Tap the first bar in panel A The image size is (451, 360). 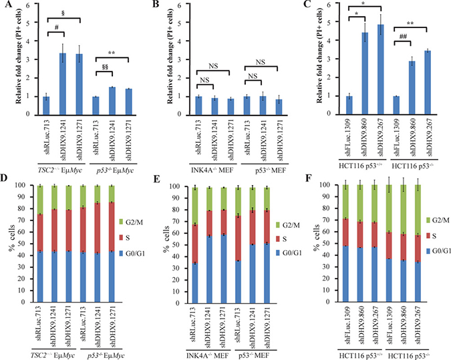tap(45, 105)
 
